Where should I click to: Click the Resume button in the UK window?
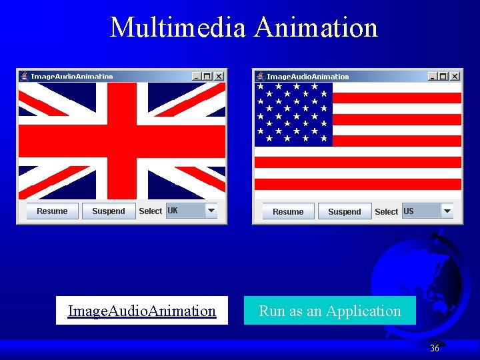coord(52,211)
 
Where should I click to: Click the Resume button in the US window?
coord(288,212)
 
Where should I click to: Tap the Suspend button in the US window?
coord(344,212)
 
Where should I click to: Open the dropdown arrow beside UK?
coord(211,211)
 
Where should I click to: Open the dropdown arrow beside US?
coord(447,211)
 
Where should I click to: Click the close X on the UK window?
coord(219,76)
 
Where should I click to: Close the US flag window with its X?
coord(455,76)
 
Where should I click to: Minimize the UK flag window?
coord(196,76)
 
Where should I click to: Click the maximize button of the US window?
coord(443,76)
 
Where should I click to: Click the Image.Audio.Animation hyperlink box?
coord(142,311)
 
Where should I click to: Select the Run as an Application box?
coord(329,311)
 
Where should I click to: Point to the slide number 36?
coord(435,348)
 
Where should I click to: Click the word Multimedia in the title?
coord(178,28)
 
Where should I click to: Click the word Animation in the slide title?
coord(316,28)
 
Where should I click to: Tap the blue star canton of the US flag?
coord(293,114)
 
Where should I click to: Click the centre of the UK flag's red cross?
coord(121,140)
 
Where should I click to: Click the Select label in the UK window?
coord(150,211)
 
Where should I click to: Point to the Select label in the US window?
coord(386,212)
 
